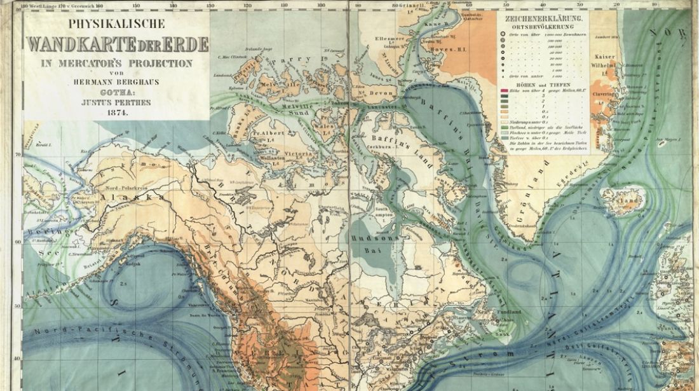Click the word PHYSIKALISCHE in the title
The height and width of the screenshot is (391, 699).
116,24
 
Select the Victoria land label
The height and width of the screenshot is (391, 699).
299,153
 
